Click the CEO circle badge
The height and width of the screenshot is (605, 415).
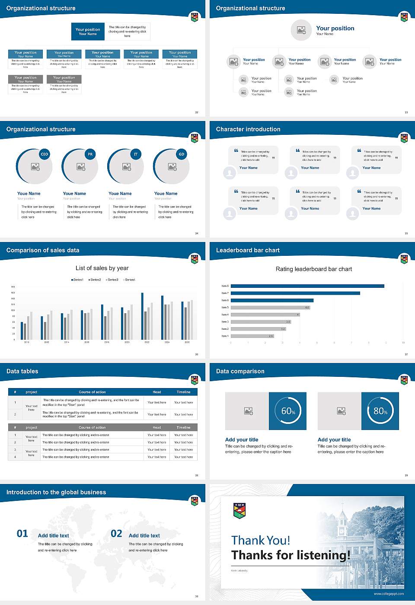pos(45,154)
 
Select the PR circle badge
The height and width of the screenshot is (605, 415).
pos(90,154)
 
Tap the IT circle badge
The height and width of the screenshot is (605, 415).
pos(136,154)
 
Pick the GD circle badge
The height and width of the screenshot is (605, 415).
pos(182,154)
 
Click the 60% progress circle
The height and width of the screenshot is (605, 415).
pos(288,411)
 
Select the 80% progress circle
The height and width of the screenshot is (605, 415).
pos(380,411)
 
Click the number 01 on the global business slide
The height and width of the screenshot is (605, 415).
pos(22,534)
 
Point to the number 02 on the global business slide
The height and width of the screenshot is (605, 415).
pos(116,534)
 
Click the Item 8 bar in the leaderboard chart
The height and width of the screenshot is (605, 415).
pos(307,286)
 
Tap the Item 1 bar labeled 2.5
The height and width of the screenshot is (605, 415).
pos(252,336)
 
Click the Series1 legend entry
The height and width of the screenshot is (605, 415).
pos(77,280)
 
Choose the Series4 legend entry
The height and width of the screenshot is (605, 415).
pos(129,280)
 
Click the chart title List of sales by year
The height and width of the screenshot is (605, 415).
pos(102,268)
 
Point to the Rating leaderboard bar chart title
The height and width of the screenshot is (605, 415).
pos(313,269)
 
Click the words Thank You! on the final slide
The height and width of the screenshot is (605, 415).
pos(260,540)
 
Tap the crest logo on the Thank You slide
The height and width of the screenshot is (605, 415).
pos(239,510)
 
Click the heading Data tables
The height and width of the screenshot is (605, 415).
pos(22,371)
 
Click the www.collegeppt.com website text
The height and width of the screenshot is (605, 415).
pos(389,594)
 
